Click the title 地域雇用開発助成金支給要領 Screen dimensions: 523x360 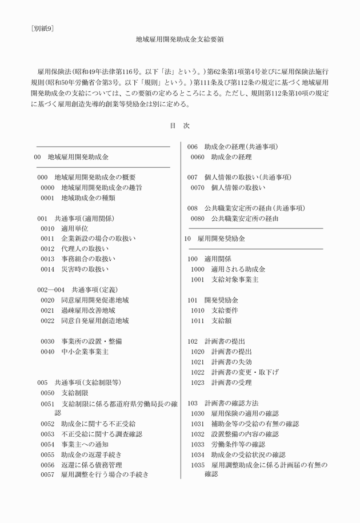click(179, 40)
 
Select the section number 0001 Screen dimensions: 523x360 click(47, 198)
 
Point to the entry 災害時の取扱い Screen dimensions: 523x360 click(84, 269)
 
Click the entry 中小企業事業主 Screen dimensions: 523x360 click(85, 352)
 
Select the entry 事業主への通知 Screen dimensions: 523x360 click(85, 444)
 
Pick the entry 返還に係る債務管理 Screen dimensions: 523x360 click(91, 465)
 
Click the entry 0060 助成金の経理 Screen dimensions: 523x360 click(221, 156)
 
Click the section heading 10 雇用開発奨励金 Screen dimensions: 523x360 click(215, 238)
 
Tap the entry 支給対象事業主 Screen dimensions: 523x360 click(235, 279)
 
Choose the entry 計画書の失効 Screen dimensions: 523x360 click(231, 361)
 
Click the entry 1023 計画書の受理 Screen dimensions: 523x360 click(221, 383)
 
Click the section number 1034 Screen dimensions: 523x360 click(197, 454)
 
